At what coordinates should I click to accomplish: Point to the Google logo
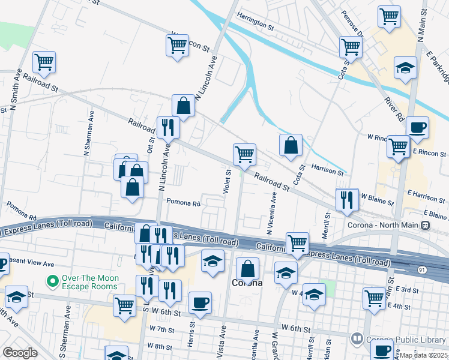click(20, 353)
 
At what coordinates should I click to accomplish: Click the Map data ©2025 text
click(424, 355)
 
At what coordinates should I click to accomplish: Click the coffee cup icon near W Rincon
click(417, 127)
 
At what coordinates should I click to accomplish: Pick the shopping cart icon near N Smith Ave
click(44, 62)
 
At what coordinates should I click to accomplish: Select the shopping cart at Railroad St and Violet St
click(244, 154)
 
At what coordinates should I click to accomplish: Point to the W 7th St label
click(161, 329)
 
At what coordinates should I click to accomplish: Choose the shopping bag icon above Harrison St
click(291, 145)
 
